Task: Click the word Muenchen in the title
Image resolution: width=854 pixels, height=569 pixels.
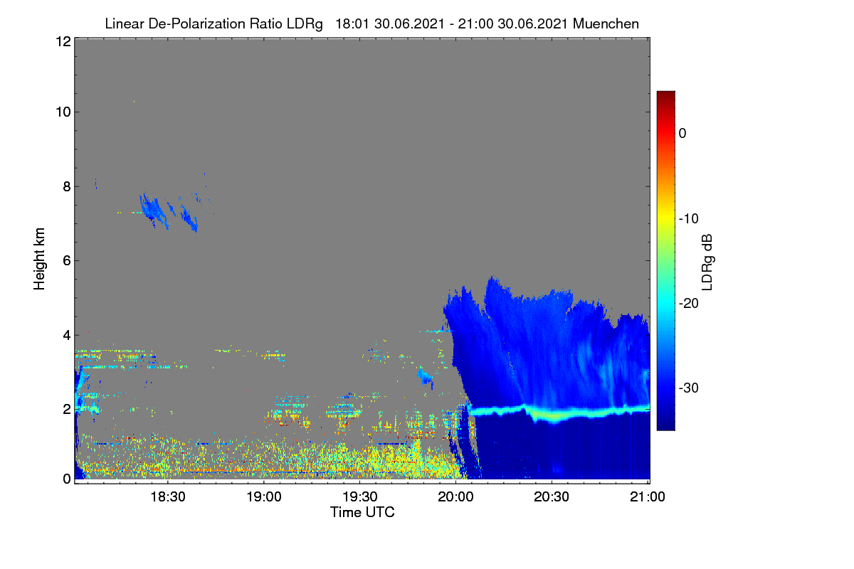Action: [x=606, y=23]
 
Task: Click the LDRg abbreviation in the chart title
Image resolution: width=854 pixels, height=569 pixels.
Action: [x=305, y=24]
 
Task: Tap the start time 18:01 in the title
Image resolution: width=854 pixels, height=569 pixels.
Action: [x=352, y=23]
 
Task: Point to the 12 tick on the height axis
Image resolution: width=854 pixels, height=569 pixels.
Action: [x=63, y=41]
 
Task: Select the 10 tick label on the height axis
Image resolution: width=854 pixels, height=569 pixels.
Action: [x=63, y=112]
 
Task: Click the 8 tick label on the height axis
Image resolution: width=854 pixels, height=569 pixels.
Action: [x=67, y=186]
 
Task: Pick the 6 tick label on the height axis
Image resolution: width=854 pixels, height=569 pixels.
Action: [x=67, y=261]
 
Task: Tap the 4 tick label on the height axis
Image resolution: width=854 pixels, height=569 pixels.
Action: [x=67, y=336]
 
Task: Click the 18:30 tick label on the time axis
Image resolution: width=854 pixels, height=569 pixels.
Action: [x=168, y=496]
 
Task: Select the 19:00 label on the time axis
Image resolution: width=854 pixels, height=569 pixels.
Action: [x=264, y=496]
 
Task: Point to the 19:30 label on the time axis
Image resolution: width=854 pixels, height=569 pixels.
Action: [x=360, y=496]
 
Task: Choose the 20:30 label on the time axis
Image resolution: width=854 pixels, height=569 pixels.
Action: [x=552, y=496]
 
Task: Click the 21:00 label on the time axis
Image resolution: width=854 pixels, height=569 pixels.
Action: [x=648, y=496]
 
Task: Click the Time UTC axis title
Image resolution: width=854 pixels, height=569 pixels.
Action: [x=362, y=512]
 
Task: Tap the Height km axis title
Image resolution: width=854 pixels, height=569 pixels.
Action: [x=39, y=259]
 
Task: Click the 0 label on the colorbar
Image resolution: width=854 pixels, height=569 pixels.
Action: [x=682, y=134]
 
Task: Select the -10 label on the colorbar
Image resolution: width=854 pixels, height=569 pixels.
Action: [x=689, y=219]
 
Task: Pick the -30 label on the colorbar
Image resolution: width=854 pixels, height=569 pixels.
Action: [x=689, y=388]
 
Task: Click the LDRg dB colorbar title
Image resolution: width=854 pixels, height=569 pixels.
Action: [x=707, y=262]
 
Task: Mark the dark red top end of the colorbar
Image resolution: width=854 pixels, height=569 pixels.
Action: [x=665, y=92]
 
